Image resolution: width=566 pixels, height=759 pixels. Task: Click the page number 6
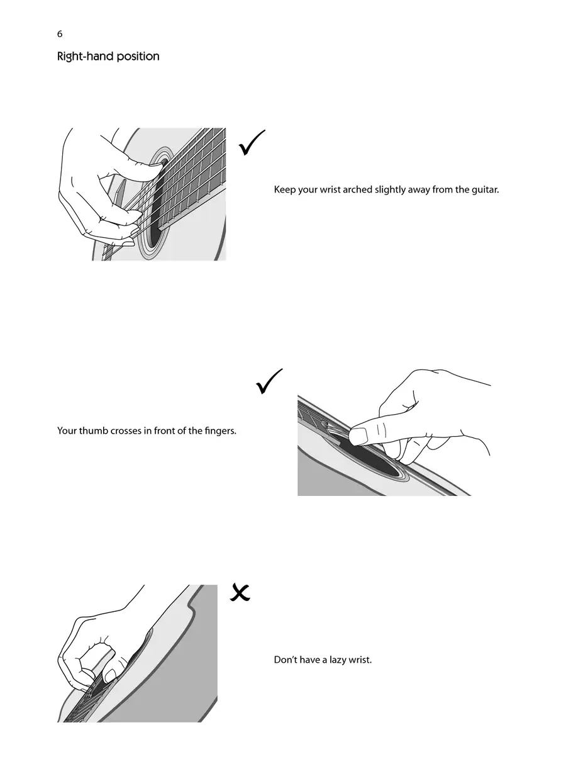(x=60, y=34)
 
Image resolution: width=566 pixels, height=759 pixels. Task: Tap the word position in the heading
(x=138, y=57)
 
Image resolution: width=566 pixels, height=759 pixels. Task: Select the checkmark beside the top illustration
(x=252, y=142)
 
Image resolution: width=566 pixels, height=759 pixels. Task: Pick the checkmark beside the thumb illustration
(x=269, y=381)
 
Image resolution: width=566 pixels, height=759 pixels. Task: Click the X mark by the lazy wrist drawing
(x=240, y=592)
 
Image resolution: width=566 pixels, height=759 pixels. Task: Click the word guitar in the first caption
(x=486, y=189)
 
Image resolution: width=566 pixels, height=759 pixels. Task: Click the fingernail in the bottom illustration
(x=111, y=675)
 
